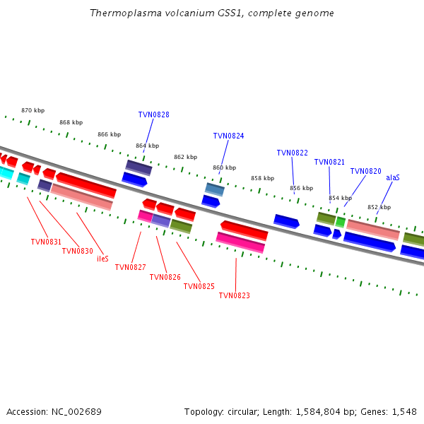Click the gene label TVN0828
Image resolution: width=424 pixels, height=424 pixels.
click(x=153, y=114)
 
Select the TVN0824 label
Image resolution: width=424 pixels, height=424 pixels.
click(x=228, y=136)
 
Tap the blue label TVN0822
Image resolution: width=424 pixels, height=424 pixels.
click(x=293, y=153)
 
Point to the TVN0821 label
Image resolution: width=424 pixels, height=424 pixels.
click(x=329, y=162)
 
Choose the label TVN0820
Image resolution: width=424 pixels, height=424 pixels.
click(x=365, y=171)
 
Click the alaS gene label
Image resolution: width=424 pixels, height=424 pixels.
click(x=393, y=177)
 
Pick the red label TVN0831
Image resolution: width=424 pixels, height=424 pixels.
click(x=46, y=242)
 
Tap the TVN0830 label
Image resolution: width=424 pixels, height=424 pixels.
click(x=77, y=251)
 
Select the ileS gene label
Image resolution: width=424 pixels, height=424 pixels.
click(x=102, y=259)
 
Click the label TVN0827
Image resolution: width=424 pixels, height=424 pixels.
click(x=130, y=267)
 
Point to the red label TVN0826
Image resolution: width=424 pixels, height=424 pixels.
click(x=165, y=277)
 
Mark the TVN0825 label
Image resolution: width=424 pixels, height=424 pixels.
click(x=199, y=286)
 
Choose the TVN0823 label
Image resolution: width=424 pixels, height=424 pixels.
click(x=234, y=295)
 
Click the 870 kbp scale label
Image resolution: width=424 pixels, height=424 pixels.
click(x=33, y=110)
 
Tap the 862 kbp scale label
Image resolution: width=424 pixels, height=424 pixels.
click(x=185, y=157)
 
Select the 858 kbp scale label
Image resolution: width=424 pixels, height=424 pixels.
click(x=263, y=178)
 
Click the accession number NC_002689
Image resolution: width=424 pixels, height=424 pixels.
click(x=76, y=412)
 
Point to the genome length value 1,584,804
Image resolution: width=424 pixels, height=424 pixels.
click(x=318, y=412)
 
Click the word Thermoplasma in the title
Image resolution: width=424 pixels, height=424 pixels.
click(x=126, y=13)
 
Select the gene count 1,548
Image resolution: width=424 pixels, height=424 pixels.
click(x=404, y=412)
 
